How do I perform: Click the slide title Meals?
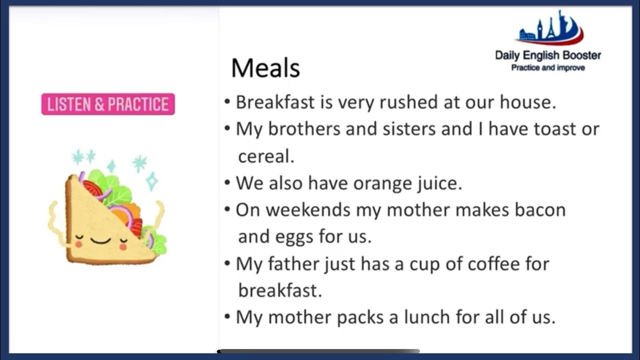pyautogui.click(x=265, y=68)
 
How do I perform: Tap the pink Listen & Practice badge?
pyautogui.click(x=108, y=104)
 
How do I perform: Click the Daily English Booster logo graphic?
pyautogui.click(x=550, y=29)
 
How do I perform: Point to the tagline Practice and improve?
pyautogui.click(x=548, y=67)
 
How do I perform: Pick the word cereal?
pyautogui.click(x=266, y=156)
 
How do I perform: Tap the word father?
pyautogui.click(x=294, y=263)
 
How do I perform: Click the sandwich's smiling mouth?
pyautogui.click(x=100, y=241)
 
